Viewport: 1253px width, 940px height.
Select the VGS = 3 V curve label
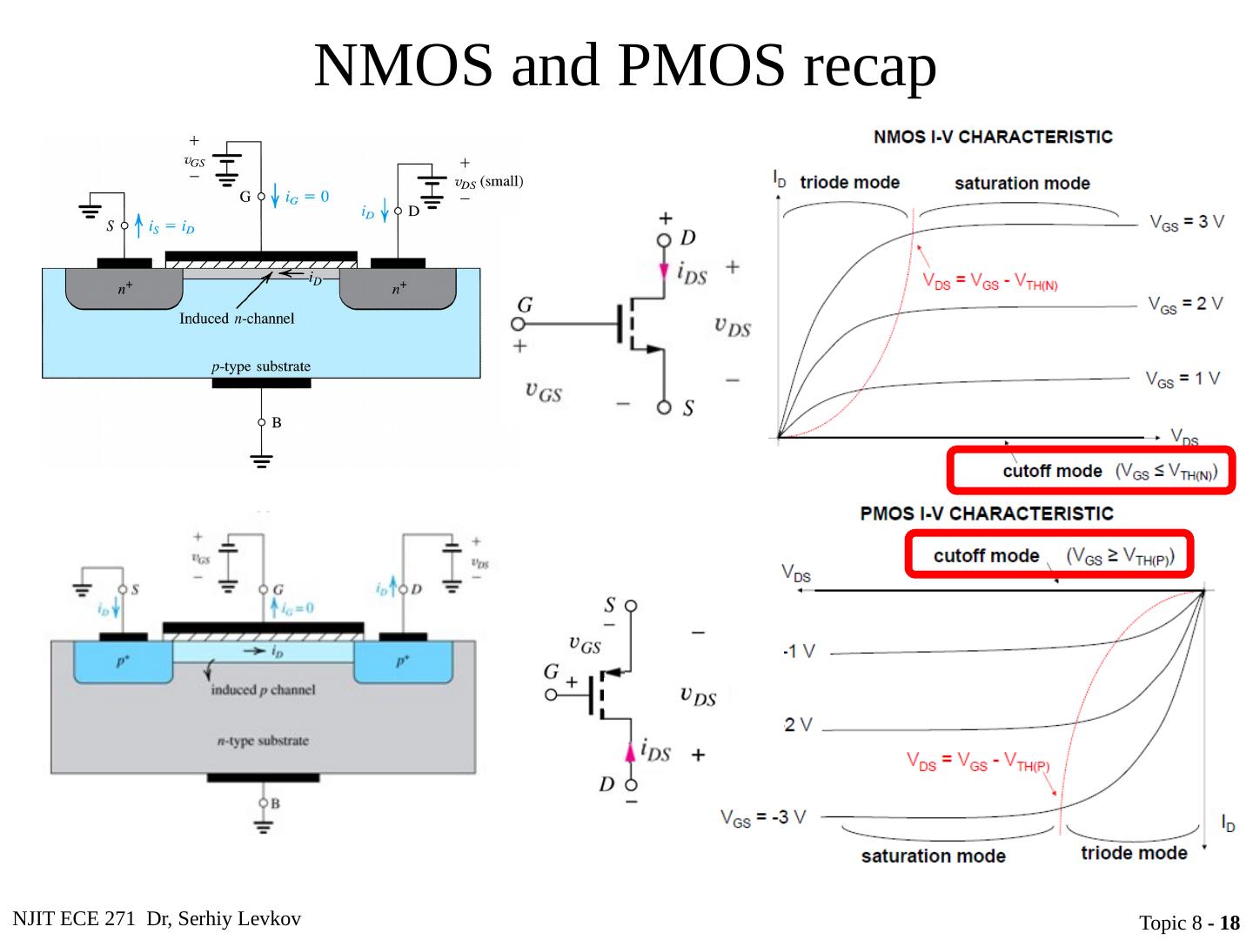[x=1186, y=222]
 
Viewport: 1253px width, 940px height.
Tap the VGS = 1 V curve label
[x=1183, y=379]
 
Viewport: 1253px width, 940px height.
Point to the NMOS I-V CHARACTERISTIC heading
[x=993, y=137]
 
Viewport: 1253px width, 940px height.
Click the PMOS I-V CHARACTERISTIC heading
[x=987, y=514]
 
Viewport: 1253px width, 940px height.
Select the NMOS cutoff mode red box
[x=1091, y=471]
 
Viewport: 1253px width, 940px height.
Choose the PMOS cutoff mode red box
[x=1049, y=554]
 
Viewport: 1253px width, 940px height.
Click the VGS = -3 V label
[x=763, y=817]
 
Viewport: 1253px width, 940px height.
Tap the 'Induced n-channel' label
[x=237, y=319]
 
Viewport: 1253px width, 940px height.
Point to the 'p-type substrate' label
[x=261, y=366]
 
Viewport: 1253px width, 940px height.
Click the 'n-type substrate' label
[x=263, y=741]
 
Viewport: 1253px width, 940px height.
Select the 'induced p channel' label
[x=263, y=690]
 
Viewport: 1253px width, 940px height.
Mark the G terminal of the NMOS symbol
[x=519, y=324]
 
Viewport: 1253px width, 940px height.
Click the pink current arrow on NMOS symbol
[x=665, y=269]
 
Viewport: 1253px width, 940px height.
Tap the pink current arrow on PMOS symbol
[x=632, y=752]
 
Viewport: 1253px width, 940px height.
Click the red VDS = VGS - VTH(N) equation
[x=989, y=282]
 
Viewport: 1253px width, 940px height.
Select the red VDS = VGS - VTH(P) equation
[x=978, y=762]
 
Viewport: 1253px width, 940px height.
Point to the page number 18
[x=1230, y=923]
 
